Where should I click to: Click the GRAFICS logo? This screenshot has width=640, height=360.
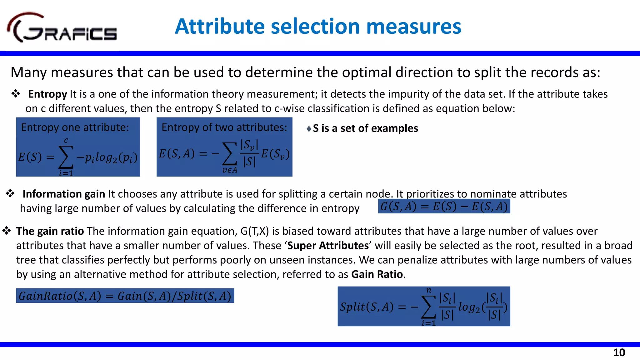tap(62, 28)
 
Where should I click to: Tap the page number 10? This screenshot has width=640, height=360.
tap(619, 352)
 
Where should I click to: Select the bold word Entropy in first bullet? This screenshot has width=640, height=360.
tap(47, 94)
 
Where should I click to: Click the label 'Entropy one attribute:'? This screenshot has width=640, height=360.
tap(75, 127)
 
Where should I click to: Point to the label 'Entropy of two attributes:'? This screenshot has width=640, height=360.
tap(224, 127)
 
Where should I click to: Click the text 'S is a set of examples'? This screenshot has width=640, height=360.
tap(365, 128)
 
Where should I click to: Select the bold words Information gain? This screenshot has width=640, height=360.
tap(64, 194)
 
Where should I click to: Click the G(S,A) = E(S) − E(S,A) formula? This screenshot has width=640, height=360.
tap(444, 207)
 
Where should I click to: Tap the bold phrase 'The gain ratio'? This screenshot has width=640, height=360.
tap(50, 231)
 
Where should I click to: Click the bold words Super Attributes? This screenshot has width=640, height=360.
tap(328, 246)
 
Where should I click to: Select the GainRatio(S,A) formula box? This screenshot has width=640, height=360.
tap(125, 296)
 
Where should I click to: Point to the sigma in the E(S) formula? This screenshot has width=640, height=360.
tap(66, 157)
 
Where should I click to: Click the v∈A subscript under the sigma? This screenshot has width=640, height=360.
tap(230, 170)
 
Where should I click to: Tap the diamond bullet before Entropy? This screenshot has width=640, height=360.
tap(16, 93)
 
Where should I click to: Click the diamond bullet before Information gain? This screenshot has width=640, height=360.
tap(10, 193)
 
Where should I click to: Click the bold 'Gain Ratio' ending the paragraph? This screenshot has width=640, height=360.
tap(377, 274)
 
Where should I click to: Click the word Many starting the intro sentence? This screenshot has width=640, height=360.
tap(29, 72)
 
